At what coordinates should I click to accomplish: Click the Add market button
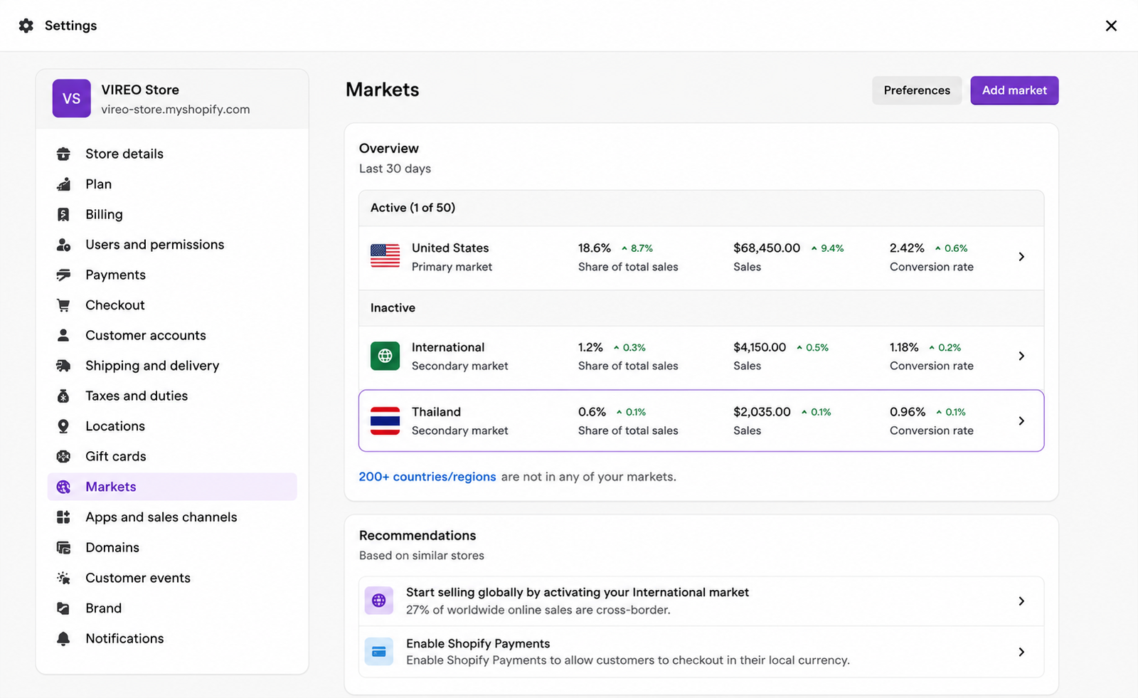click(1014, 90)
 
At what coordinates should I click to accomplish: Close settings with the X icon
click(1111, 26)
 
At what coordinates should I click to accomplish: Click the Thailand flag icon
click(385, 421)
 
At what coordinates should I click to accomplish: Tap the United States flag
click(385, 255)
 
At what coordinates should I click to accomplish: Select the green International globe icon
click(385, 356)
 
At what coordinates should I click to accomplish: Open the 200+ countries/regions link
click(427, 477)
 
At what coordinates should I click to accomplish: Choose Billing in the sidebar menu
click(104, 215)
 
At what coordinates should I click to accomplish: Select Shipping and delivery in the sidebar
click(152, 366)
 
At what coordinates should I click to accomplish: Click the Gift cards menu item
click(115, 457)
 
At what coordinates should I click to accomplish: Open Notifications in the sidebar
click(124, 638)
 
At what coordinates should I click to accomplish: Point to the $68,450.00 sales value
click(766, 248)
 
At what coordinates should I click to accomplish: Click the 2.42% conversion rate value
click(906, 248)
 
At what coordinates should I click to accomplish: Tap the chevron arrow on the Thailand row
click(1021, 421)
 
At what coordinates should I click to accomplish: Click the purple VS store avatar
click(72, 98)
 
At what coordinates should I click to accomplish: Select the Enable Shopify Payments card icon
click(378, 652)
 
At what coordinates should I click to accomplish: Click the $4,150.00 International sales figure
click(759, 348)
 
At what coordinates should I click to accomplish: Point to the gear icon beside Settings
click(26, 26)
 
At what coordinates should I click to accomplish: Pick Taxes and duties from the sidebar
click(136, 396)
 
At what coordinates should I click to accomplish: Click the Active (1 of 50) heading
click(413, 208)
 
